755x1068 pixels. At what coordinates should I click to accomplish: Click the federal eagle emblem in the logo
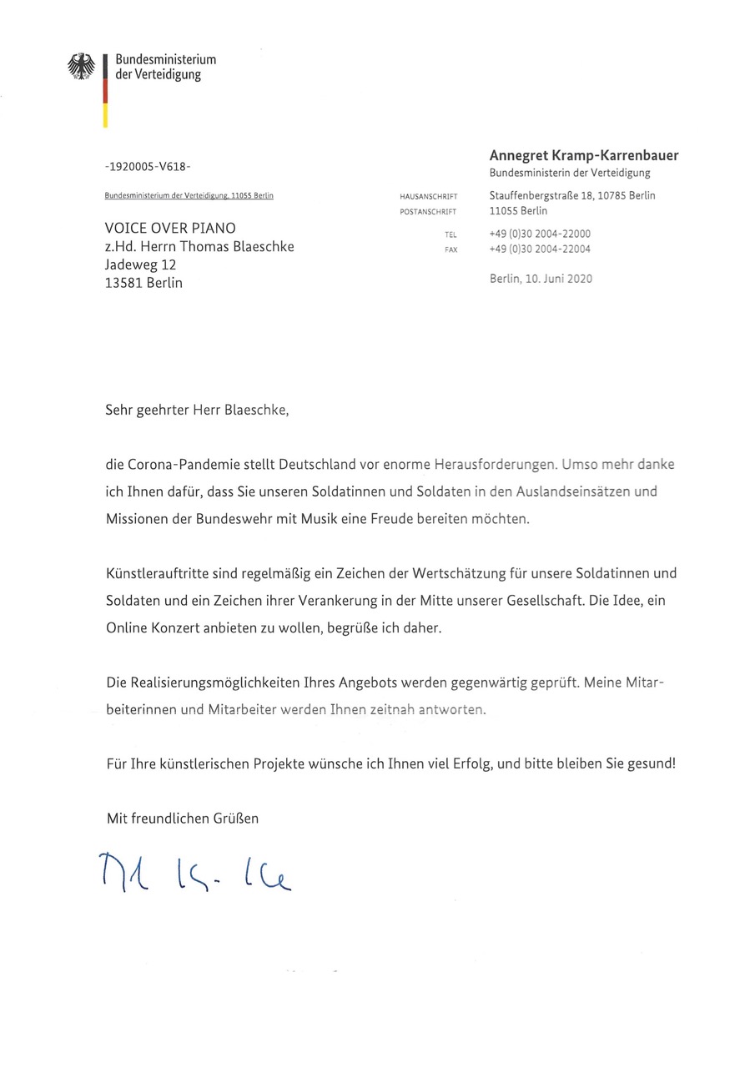pyautogui.click(x=81, y=67)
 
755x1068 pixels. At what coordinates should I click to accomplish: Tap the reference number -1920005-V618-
pyautogui.click(x=148, y=167)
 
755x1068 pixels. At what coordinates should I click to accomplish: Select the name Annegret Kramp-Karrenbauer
pyautogui.click(x=583, y=155)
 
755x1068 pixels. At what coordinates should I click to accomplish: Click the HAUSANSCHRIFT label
pyautogui.click(x=429, y=197)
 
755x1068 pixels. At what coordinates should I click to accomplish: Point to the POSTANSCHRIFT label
pyautogui.click(x=429, y=212)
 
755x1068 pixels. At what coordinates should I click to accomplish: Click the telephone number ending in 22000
pyautogui.click(x=540, y=234)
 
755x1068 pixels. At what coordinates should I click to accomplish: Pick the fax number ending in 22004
pyautogui.click(x=540, y=249)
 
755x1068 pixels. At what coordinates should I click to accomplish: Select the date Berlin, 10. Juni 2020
pyautogui.click(x=541, y=279)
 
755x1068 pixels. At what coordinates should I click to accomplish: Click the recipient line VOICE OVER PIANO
pyautogui.click(x=170, y=229)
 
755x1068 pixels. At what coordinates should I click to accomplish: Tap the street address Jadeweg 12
pyautogui.click(x=140, y=264)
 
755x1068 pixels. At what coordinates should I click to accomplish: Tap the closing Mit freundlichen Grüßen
pyautogui.click(x=183, y=819)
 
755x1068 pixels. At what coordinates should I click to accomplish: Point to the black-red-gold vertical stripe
pyautogui.click(x=105, y=91)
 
